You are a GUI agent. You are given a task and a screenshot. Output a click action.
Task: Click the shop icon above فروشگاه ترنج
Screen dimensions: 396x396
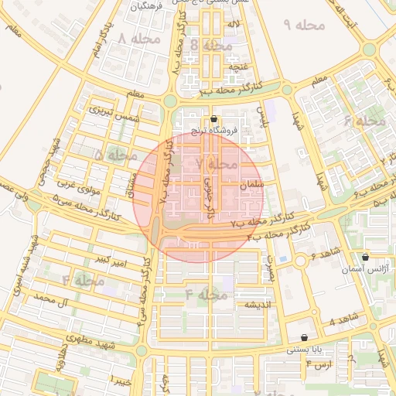(214, 119)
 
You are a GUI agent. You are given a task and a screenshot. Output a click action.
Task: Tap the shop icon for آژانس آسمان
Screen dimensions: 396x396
(365, 257)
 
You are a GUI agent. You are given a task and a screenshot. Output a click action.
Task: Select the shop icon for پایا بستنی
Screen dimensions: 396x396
(304, 338)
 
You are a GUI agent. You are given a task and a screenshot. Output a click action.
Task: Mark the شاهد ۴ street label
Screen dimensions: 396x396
(343, 319)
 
